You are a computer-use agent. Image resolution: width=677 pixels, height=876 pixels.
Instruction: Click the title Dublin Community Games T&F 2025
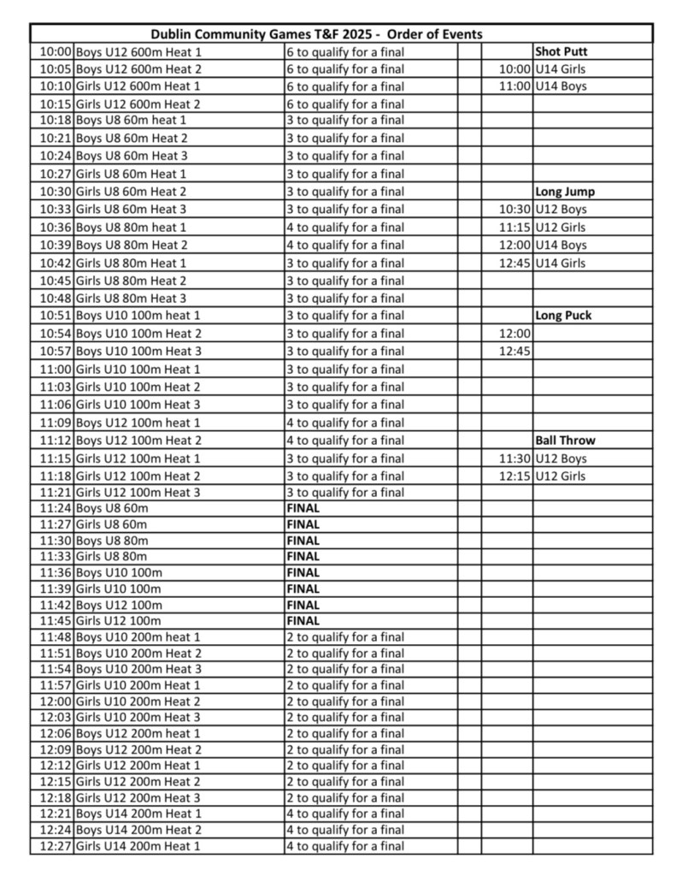pos(316,34)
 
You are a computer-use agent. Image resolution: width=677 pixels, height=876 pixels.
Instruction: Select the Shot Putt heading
pos(561,51)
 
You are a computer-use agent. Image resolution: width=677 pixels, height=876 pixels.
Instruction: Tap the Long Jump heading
pos(565,192)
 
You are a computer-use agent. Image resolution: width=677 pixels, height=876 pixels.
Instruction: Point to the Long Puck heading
pos(563,316)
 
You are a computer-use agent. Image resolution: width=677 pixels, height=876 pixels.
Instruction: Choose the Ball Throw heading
pos(565,441)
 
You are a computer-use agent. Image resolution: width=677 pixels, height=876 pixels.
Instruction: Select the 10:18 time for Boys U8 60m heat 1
pos(56,121)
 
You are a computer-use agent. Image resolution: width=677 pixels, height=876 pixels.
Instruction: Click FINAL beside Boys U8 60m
pos(303,508)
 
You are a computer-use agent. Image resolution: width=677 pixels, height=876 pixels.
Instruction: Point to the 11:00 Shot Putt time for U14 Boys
pos(515,86)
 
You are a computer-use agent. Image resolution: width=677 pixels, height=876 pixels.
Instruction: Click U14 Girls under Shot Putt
pos(560,69)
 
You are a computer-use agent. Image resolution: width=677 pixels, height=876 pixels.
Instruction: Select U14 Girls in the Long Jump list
pos(560,263)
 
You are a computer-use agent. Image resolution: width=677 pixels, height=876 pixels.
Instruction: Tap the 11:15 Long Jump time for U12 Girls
pos(515,228)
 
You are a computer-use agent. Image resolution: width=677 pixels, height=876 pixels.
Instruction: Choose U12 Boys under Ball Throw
pos(561,459)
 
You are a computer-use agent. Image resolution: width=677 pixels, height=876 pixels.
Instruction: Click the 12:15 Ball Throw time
pos(515,476)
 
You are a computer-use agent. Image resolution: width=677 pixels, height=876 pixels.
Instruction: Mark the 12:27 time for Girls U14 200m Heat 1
pos(56,847)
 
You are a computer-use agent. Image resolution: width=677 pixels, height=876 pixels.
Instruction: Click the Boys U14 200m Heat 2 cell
pos(138,831)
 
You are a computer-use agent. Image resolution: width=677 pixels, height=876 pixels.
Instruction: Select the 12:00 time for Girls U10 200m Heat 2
pos(56,701)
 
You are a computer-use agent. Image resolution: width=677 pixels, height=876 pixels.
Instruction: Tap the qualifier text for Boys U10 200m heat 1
pos(344,637)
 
